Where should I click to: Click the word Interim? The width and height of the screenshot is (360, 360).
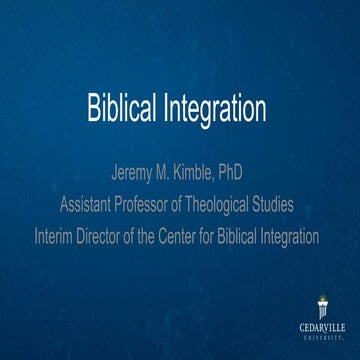click(x=60, y=237)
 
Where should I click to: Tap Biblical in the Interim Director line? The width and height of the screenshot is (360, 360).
click(x=254, y=237)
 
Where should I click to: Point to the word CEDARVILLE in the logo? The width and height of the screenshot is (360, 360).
click(x=321, y=327)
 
